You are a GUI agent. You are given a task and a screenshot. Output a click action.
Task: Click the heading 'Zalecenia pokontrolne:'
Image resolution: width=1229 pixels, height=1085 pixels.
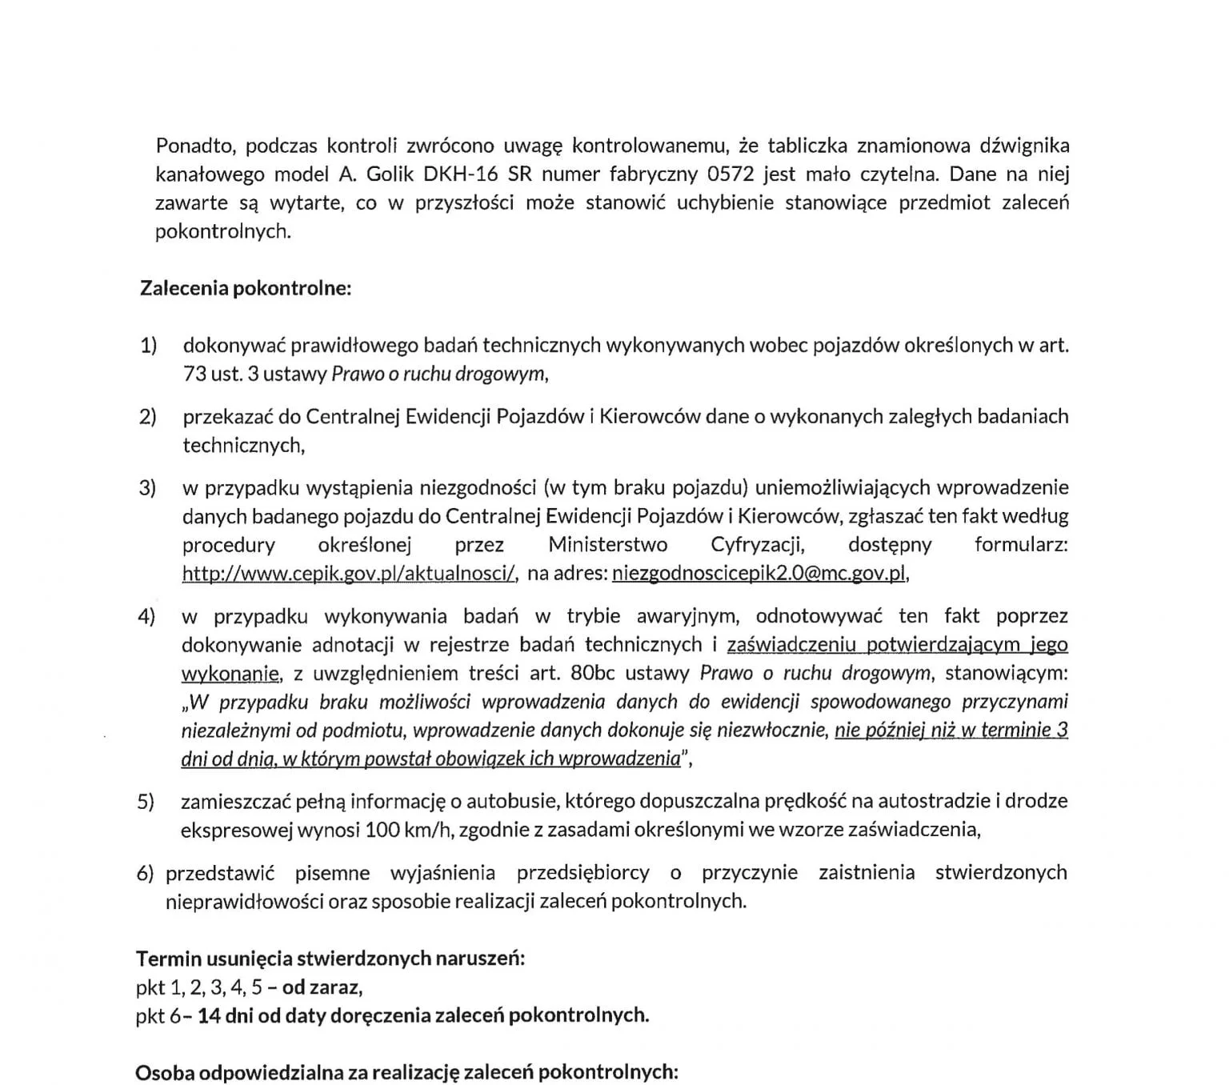point(246,288)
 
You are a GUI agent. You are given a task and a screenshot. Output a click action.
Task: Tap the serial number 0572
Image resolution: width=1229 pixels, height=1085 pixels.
point(731,174)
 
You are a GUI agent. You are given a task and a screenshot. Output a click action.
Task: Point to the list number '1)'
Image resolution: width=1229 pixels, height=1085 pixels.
point(149,346)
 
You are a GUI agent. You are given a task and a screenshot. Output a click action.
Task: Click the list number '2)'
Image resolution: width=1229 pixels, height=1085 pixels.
point(148,417)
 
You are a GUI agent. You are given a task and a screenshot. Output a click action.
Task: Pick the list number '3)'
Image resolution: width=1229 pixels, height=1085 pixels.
point(148,488)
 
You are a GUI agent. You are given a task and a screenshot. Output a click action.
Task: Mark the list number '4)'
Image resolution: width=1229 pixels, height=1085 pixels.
point(146,617)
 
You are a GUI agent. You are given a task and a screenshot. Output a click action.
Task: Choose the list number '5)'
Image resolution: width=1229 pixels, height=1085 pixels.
point(145,801)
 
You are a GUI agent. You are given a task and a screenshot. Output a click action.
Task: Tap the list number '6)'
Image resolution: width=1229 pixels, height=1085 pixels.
point(145,873)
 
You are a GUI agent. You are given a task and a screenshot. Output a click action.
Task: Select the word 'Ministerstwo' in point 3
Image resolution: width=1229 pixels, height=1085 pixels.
point(607,546)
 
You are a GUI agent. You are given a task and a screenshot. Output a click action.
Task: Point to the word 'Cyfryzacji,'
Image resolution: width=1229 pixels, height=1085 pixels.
point(757,546)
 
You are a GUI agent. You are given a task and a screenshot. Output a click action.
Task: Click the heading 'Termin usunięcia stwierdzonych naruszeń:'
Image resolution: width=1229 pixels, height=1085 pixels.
point(330,958)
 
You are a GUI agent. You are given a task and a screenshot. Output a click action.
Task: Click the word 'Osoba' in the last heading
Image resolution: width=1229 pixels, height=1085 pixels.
point(165,1072)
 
